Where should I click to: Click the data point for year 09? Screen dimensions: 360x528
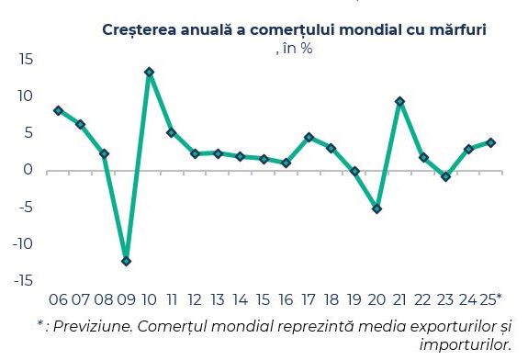point(126,261)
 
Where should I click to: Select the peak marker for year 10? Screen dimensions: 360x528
point(149,72)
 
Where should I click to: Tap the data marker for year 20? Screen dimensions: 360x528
point(376,208)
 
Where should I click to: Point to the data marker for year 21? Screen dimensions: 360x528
point(399,101)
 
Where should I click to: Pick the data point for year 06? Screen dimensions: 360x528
point(58,110)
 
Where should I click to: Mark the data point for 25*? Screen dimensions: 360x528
point(491,142)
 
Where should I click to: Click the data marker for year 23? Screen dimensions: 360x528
point(445,176)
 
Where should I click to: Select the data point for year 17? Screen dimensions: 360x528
point(309,137)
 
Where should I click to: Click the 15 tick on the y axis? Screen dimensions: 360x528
point(25,59)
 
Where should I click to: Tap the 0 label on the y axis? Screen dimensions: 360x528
point(28,170)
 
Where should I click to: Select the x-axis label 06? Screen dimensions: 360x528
point(58,300)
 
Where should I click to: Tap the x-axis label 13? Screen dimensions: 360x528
point(218,300)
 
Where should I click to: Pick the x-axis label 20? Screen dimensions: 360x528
point(376,300)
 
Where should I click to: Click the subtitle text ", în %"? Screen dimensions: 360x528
point(294,48)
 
